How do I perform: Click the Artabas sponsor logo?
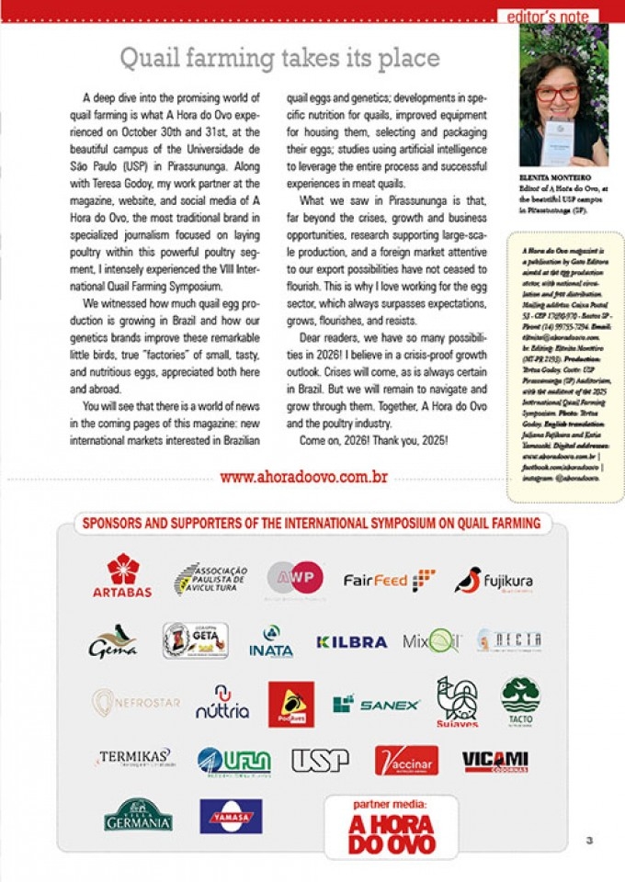121,576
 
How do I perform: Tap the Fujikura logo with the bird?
494,581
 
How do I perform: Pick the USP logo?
320,760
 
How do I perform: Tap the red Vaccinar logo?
406,760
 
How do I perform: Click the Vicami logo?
494,760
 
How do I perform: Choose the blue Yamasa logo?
231,815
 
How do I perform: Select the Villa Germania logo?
138,814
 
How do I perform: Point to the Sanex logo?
376,705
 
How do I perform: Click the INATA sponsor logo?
271,642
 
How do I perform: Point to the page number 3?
589,838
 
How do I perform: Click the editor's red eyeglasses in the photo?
558,92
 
